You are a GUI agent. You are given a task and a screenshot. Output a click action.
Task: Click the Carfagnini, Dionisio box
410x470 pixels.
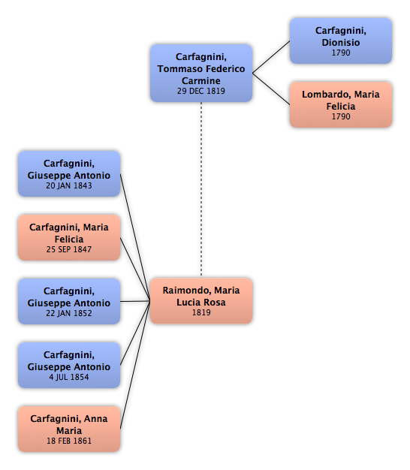pos(341,41)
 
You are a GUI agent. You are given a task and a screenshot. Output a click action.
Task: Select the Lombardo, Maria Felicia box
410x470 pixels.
pos(341,104)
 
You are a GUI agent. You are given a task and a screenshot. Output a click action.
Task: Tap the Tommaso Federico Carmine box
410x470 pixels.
pos(201,73)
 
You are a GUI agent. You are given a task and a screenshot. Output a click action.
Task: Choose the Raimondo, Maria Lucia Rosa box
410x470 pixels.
pos(201,301)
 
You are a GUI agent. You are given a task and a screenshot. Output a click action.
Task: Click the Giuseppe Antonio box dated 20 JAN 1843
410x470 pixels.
pos(69,174)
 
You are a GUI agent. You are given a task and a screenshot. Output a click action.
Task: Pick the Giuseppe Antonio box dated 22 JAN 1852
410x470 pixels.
pos(69,301)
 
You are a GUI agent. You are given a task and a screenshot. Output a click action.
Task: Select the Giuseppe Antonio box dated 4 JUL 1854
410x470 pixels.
pos(69,365)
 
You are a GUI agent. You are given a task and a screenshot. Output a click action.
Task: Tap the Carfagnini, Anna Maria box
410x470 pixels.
pos(69,429)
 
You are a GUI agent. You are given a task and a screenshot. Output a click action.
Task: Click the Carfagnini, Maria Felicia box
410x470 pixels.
pos(69,237)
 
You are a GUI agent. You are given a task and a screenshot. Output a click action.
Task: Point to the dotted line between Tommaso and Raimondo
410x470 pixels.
pos(201,190)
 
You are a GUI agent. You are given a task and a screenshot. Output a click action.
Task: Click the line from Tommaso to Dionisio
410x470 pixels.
pos(271,57)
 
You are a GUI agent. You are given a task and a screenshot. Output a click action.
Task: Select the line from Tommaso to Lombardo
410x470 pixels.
pos(271,89)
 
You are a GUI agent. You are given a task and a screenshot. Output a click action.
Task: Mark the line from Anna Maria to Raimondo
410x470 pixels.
pos(135,365)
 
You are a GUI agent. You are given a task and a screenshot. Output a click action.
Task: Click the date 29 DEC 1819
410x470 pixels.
pos(201,91)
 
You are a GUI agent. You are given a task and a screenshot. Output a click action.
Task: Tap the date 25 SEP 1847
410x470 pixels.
pos(69,249)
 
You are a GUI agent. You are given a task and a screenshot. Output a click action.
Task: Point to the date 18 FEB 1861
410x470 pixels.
pos(69,441)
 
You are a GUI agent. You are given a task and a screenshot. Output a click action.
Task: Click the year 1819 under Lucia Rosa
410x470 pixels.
pos(201,312)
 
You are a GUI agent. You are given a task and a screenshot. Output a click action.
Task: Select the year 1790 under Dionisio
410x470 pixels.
pos(341,53)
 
